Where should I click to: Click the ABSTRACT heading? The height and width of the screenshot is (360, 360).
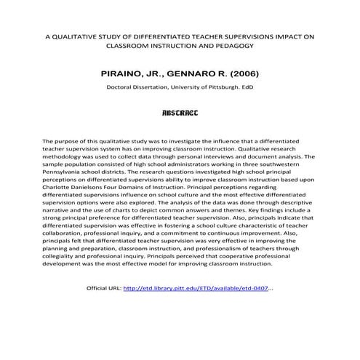pyautogui.click(x=180, y=113)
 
